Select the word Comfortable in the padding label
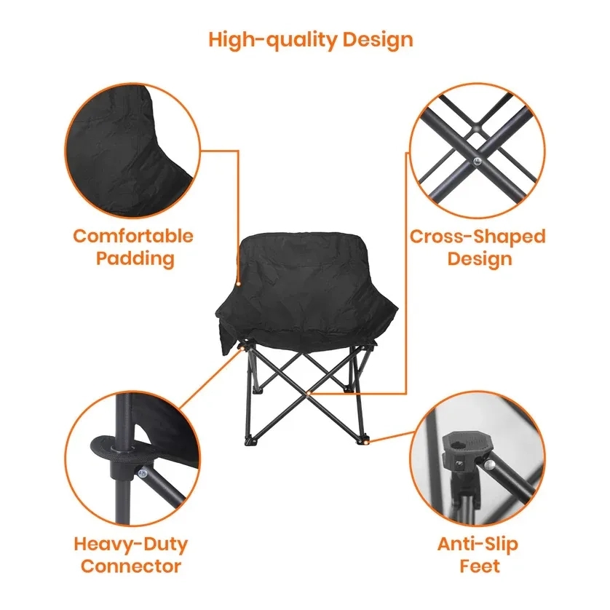pos(133,236)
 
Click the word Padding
pos(135,258)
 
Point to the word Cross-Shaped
pos(477,237)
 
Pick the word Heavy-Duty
pos(131,544)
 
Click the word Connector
pos(131,566)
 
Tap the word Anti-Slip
pos(478,544)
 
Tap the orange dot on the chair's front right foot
pos(370,440)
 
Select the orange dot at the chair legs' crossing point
pos(309,393)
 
